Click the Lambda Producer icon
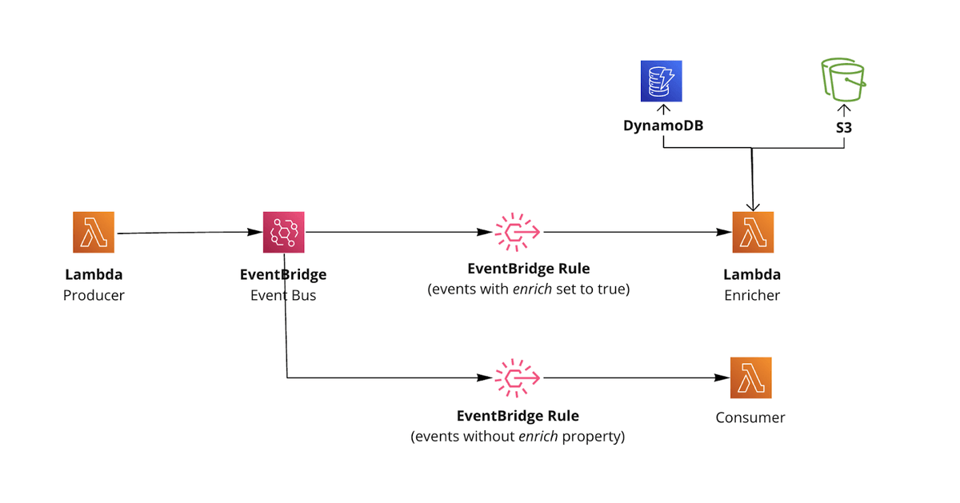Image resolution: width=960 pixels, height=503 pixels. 94,233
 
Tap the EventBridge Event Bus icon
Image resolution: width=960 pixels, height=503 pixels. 284,233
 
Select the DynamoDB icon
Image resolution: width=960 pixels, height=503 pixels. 662,81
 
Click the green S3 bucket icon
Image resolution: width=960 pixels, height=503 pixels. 842,81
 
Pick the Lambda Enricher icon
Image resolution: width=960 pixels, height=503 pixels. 753,233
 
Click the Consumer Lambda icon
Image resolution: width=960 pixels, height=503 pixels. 751,377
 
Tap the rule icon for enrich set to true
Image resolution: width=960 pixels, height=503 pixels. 518,233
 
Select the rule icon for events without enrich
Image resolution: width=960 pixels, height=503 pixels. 518,377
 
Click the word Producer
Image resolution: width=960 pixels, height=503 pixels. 94,295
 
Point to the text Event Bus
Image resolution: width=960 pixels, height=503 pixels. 283,295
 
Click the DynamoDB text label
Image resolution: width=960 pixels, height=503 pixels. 663,126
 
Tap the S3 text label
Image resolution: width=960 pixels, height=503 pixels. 842,126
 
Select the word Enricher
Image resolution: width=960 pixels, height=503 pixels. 752,295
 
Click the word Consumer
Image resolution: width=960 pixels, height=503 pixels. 750,417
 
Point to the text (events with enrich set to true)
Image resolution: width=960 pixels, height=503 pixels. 529,289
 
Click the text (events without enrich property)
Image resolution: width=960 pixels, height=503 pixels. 518,437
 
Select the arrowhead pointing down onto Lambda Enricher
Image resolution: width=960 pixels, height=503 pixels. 753,206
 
